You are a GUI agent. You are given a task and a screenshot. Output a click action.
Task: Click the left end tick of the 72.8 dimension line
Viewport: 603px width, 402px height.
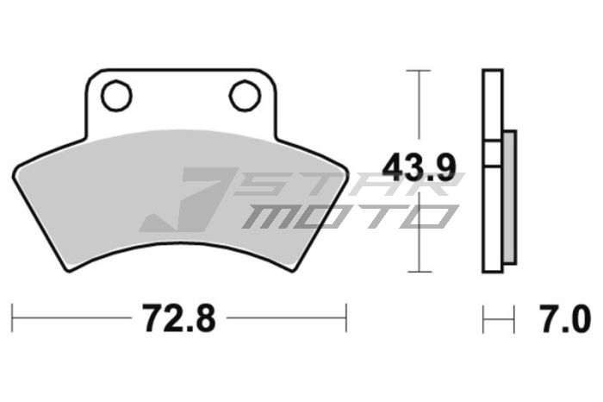tap(12, 318)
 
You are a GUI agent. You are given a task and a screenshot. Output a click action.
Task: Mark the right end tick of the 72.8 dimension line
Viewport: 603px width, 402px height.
tap(345, 318)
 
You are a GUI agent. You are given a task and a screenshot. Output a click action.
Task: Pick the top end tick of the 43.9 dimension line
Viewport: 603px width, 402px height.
tap(419, 70)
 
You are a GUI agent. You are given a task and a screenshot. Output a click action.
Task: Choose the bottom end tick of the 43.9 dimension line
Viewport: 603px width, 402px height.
tap(419, 270)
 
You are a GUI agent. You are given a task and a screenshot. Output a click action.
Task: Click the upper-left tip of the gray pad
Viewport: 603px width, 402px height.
tap(16, 165)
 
